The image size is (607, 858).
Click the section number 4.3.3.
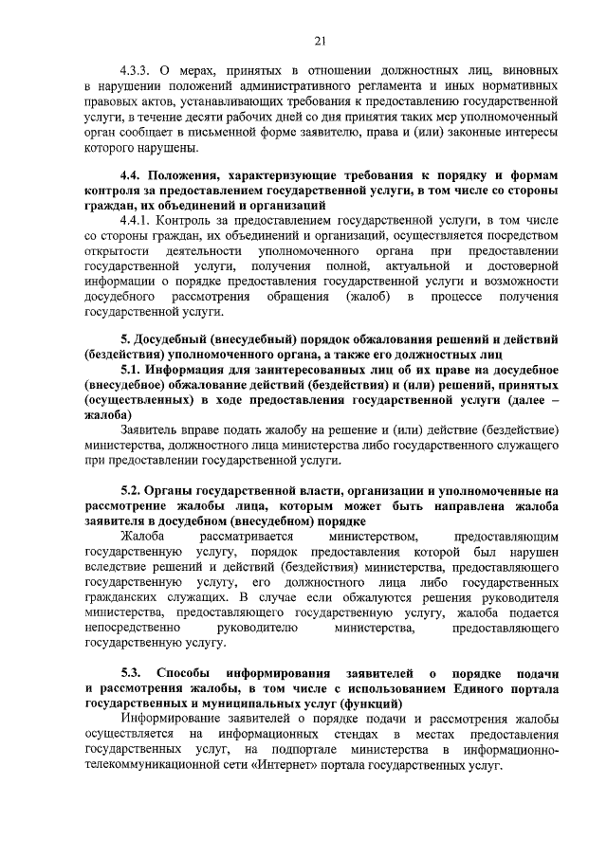click(x=137, y=71)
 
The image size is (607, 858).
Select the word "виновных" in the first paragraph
click(x=524, y=71)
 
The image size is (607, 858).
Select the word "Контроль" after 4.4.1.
click(x=195, y=221)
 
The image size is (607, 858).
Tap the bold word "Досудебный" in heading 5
click(x=176, y=339)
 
